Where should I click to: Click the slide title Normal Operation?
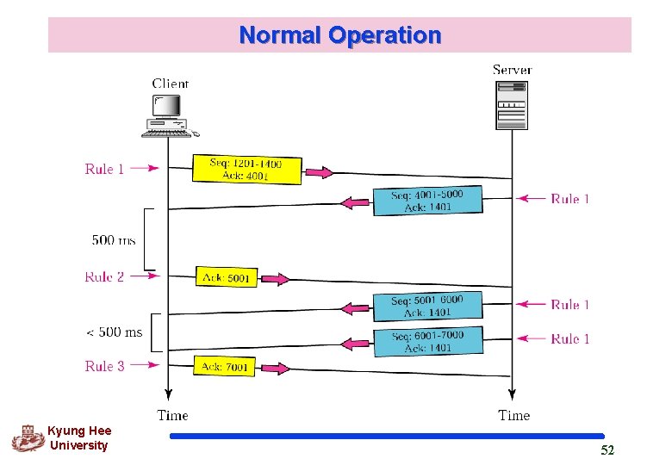point(339,35)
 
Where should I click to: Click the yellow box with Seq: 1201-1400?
point(246,169)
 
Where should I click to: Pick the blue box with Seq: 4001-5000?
point(427,201)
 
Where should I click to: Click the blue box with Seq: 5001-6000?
point(427,306)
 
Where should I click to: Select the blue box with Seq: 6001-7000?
point(427,341)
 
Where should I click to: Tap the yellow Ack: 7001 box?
point(224,367)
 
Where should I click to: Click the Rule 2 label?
point(104,276)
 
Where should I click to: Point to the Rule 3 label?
point(104,366)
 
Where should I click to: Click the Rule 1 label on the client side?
point(104,169)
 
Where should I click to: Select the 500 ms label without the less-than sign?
point(114,240)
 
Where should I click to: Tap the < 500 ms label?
point(115,332)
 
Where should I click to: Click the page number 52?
point(607,451)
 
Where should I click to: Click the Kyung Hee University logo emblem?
point(27,438)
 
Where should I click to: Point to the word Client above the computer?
point(171,84)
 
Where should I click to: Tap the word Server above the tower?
point(512,69)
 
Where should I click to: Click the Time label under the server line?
point(513,415)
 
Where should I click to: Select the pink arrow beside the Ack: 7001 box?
point(276,369)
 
